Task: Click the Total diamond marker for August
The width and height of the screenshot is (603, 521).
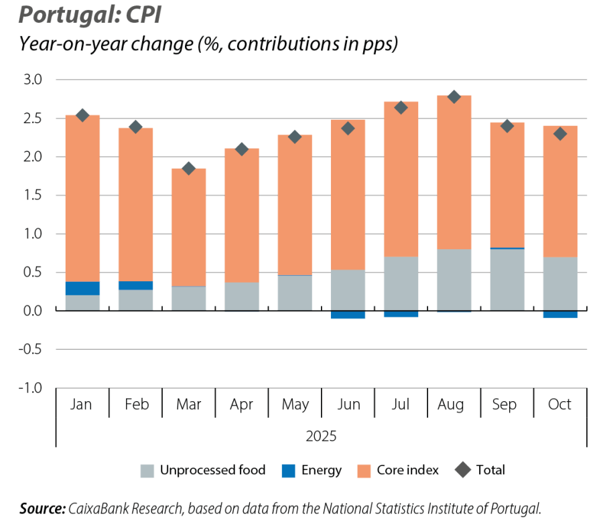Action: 454,96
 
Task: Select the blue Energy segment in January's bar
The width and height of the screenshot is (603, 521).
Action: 82,288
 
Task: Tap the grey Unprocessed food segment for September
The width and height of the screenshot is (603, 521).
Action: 507,280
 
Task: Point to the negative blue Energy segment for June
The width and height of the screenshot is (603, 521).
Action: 348,315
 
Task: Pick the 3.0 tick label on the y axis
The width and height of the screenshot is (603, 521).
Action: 33,80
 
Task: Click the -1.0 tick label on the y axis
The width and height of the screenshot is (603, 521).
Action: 31,388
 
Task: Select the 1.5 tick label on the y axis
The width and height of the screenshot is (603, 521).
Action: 33,196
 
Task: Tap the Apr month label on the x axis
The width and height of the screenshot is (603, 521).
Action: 241,404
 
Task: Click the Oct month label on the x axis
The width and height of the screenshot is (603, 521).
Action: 559,404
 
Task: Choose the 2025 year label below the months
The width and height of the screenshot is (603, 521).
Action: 321,436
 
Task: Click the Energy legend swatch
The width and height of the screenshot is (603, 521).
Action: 289,471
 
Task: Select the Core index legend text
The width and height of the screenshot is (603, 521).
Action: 407,470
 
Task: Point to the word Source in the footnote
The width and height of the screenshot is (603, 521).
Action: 42,508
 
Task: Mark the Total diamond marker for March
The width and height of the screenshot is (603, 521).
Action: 188,168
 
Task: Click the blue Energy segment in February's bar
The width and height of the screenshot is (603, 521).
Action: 135,285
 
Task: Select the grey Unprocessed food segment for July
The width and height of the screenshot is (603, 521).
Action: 401,284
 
